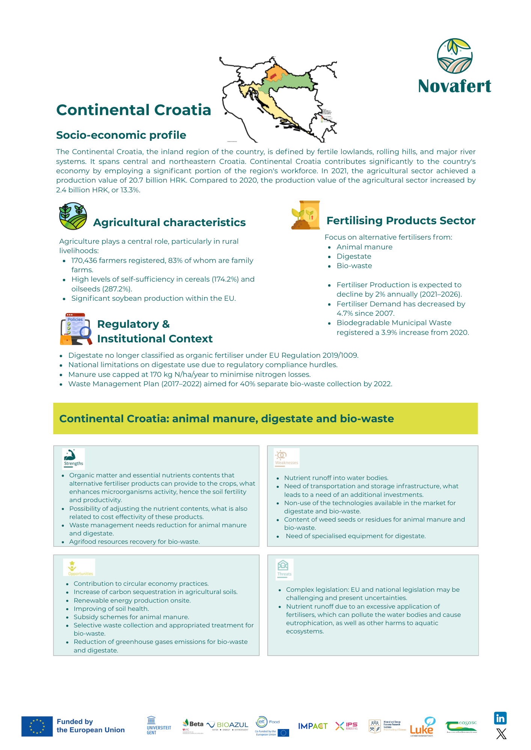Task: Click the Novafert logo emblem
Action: tap(454, 56)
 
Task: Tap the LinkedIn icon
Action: tap(500, 718)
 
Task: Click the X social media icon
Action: tap(501, 734)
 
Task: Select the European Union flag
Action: tap(37, 726)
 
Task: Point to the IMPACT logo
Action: tap(312, 726)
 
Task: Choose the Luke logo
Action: tap(422, 727)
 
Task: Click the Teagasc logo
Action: tap(461, 726)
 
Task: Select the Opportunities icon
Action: tap(79, 567)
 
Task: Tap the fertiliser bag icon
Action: tap(306, 215)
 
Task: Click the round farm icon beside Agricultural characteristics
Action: tap(73, 216)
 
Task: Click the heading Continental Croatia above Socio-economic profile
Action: tap(133, 110)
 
